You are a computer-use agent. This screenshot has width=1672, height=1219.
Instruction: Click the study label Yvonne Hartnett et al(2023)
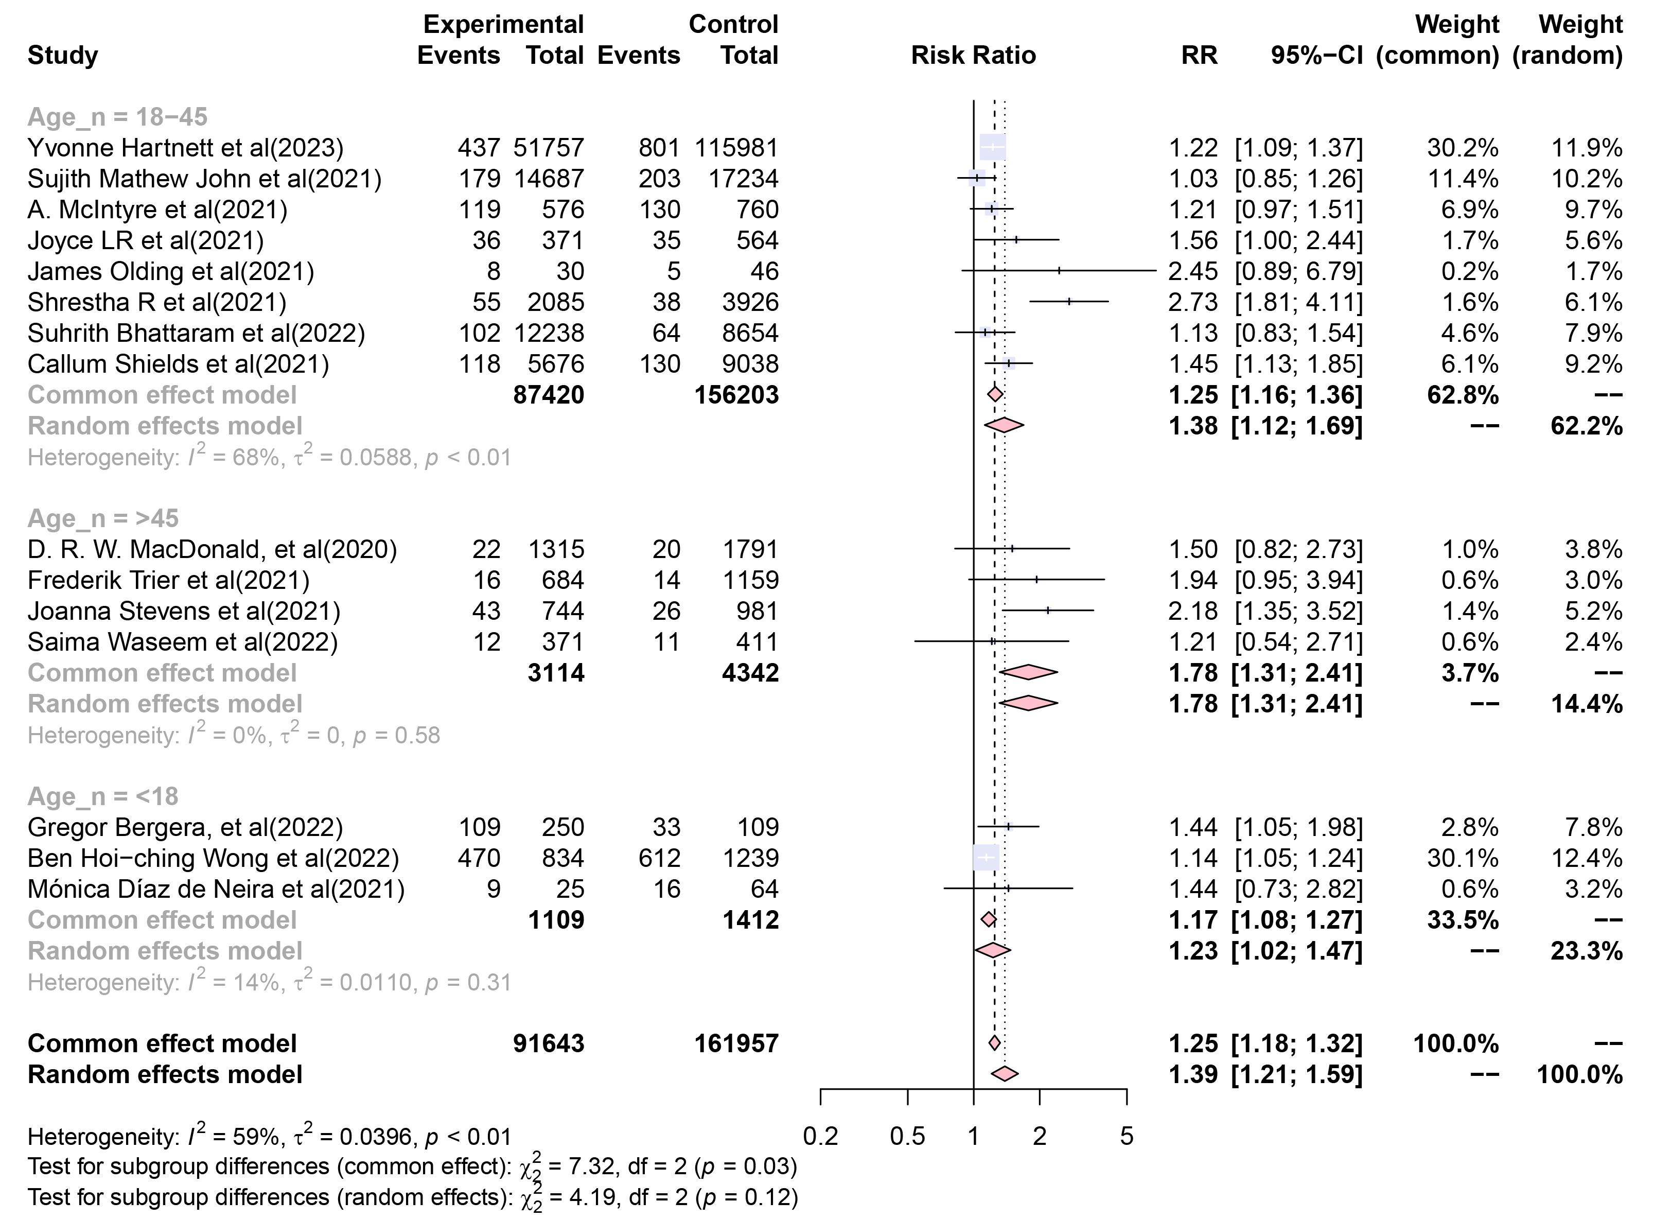click(185, 148)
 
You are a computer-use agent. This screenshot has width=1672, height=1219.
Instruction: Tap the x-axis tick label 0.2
click(820, 1136)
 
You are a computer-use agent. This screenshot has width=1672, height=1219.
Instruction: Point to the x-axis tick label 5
click(1126, 1136)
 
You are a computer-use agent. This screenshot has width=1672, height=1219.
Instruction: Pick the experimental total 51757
click(549, 148)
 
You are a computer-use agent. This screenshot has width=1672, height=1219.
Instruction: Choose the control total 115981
click(736, 148)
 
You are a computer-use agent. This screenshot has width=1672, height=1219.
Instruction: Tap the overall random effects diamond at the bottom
click(1005, 1074)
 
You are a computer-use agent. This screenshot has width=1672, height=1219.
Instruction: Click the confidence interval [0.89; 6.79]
click(1299, 271)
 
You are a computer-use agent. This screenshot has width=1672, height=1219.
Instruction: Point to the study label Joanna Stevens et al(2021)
click(184, 612)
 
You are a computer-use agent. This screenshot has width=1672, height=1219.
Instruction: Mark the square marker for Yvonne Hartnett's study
click(993, 148)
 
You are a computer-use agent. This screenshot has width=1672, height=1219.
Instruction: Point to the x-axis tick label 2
click(1039, 1136)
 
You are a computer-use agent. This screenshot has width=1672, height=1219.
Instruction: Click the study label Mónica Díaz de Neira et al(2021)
click(216, 889)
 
